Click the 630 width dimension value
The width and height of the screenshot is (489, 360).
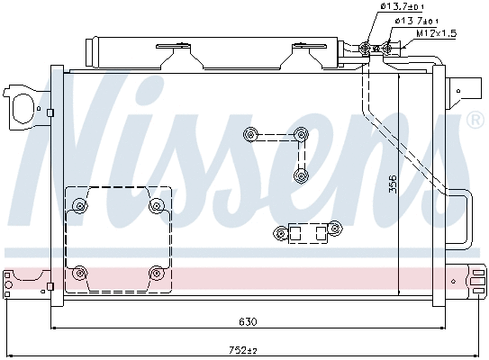coord(248,321)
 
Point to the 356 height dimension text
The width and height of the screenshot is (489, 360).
coord(392,184)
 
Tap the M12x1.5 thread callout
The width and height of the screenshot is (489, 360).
coord(437,33)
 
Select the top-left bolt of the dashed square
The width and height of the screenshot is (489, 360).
coord(80,205)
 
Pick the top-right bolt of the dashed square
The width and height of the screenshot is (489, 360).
coord(158,205)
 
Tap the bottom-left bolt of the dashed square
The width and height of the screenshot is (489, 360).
coord(80,272)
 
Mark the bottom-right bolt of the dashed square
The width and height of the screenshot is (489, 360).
coord(158,272)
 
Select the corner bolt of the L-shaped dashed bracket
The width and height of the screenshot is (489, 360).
coord(301,136)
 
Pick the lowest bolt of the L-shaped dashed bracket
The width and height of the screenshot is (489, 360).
coord(302,175)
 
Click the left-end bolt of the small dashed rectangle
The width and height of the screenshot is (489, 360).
coord(279,235)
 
